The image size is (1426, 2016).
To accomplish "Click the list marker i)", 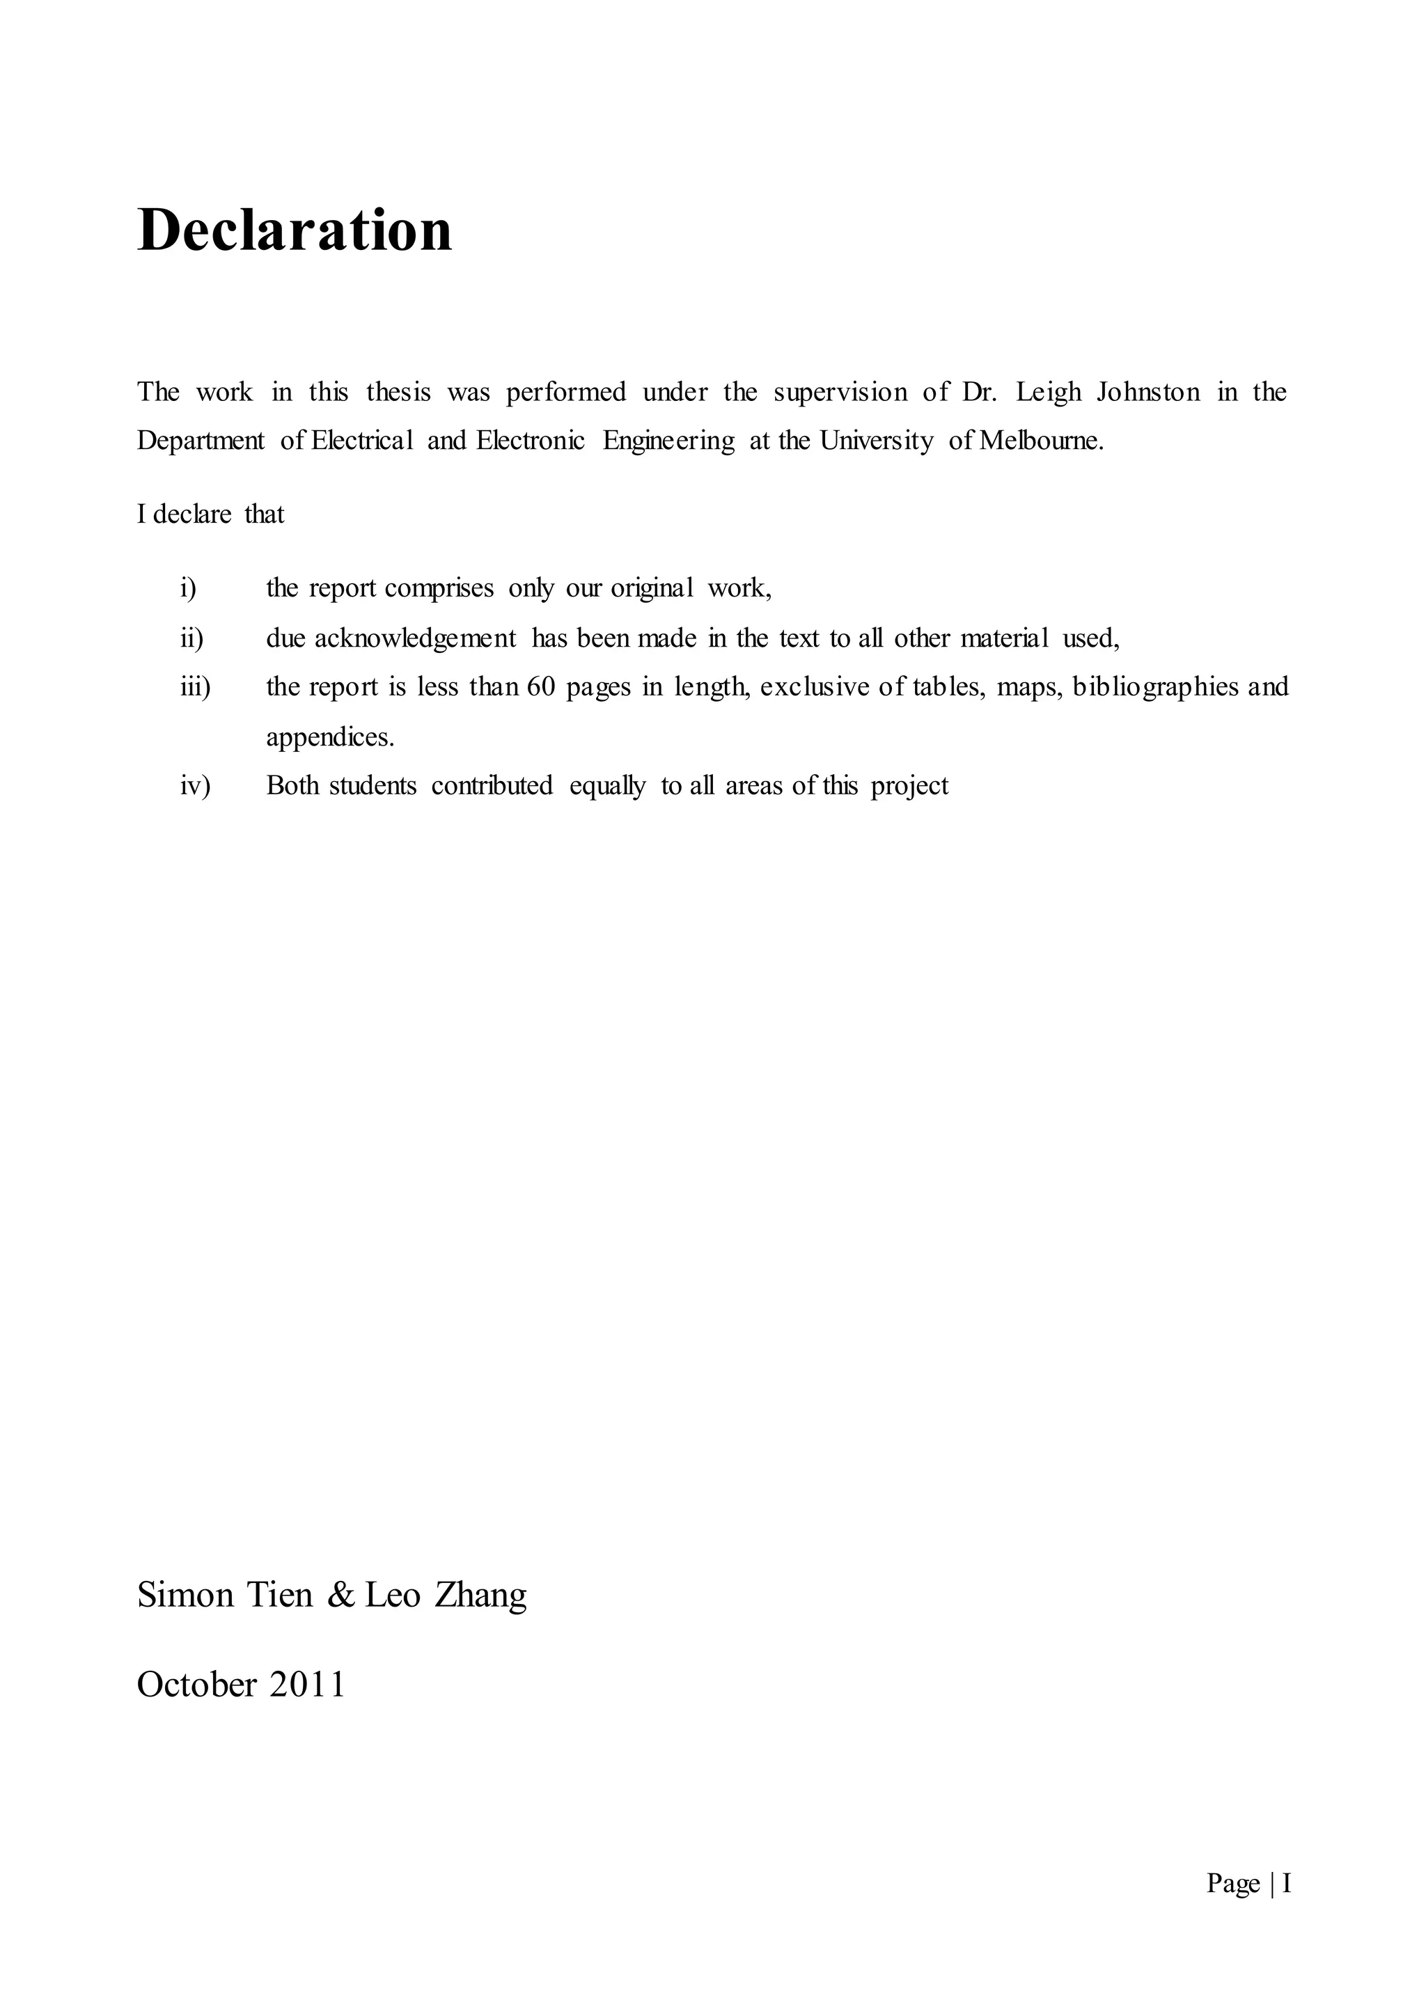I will coord(188,588).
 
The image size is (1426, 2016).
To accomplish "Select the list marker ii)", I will coord(191,638).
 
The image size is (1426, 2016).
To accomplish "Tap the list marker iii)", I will coord(195,686).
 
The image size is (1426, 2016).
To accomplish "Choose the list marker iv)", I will coord(195,785).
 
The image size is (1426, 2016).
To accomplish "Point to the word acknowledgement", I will coord(415,638).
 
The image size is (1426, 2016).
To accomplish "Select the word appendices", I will coord(330,737).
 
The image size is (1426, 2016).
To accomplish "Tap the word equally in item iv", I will coord(606,786).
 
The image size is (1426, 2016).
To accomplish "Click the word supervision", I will coord(840,393).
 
